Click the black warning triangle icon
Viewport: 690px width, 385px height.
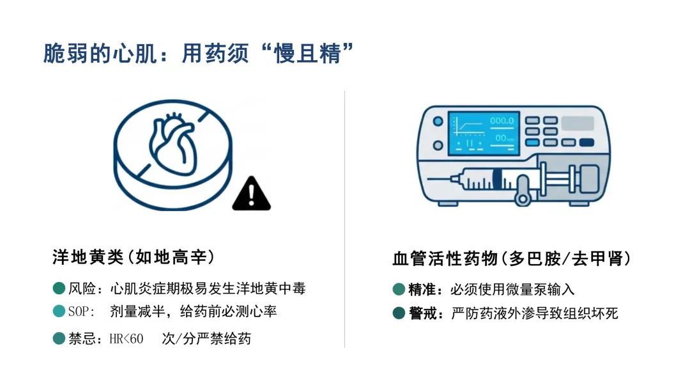tap(251, 194)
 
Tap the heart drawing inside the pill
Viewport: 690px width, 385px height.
tap(172, 144)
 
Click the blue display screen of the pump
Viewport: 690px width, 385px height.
tap(484, 133)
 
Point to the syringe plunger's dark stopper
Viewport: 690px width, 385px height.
tap(497, 179)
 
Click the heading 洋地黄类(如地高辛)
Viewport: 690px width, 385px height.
tap(134, 257)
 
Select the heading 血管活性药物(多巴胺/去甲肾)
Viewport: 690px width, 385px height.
tap(512, 258)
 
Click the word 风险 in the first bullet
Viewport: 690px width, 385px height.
tap(82, 288)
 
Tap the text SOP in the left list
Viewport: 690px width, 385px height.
tap(79, 312)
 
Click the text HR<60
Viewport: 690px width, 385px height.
tap(126, 339)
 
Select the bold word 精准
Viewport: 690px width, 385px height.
tap(422, 290)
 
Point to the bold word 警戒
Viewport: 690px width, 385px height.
tap(422, 313)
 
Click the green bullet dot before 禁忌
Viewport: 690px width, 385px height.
tap(59, 338)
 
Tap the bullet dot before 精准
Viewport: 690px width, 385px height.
tap(399, 289)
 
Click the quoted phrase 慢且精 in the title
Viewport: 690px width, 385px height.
tap(307, 54)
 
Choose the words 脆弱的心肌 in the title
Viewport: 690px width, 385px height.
tap(100, 54)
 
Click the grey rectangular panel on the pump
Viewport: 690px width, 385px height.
tap(578, 123)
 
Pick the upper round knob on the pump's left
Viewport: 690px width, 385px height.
tap(438, 121)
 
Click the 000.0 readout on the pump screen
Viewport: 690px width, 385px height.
tap(502, 121)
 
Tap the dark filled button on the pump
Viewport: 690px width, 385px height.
tap(586, 142)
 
